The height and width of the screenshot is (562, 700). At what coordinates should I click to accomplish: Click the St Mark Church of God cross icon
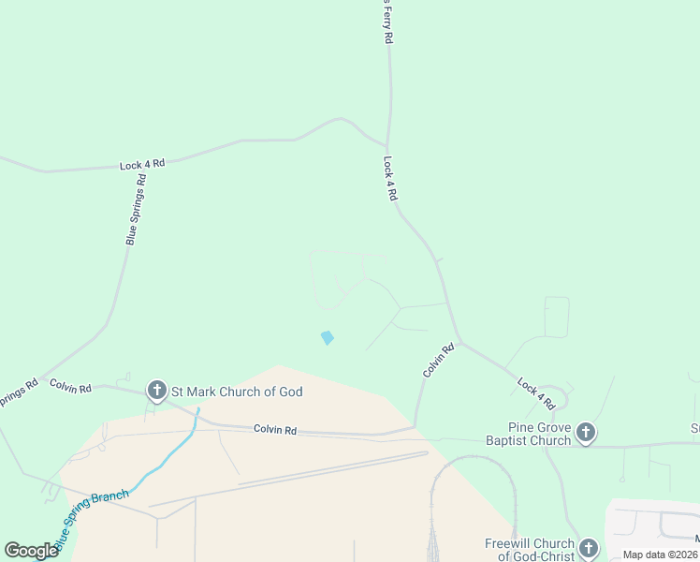pos(156,392)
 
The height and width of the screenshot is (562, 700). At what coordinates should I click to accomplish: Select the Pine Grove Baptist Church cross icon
pos(586,433)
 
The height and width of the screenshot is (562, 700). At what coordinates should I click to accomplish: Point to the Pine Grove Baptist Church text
pos(528,434)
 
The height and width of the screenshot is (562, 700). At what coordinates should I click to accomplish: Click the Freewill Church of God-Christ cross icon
pos(588,549)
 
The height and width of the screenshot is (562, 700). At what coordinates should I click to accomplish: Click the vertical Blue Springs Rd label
pos(137,210)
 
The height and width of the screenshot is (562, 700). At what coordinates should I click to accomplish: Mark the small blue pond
pos(327,337)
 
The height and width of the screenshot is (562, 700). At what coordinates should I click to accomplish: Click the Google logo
pos(31,551)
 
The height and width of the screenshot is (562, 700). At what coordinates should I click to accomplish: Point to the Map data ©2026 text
pos(661,555)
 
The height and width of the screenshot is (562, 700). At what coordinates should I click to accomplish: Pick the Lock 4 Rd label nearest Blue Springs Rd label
pos(142,164)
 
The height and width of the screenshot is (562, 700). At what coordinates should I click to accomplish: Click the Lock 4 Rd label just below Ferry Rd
pos(390,179)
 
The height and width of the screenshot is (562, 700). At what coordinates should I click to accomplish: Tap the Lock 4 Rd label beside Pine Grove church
pos(536,392)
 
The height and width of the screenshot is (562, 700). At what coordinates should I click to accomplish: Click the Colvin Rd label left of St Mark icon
pos(70,386)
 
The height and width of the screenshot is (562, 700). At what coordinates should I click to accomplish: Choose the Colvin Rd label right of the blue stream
pos(275,430)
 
